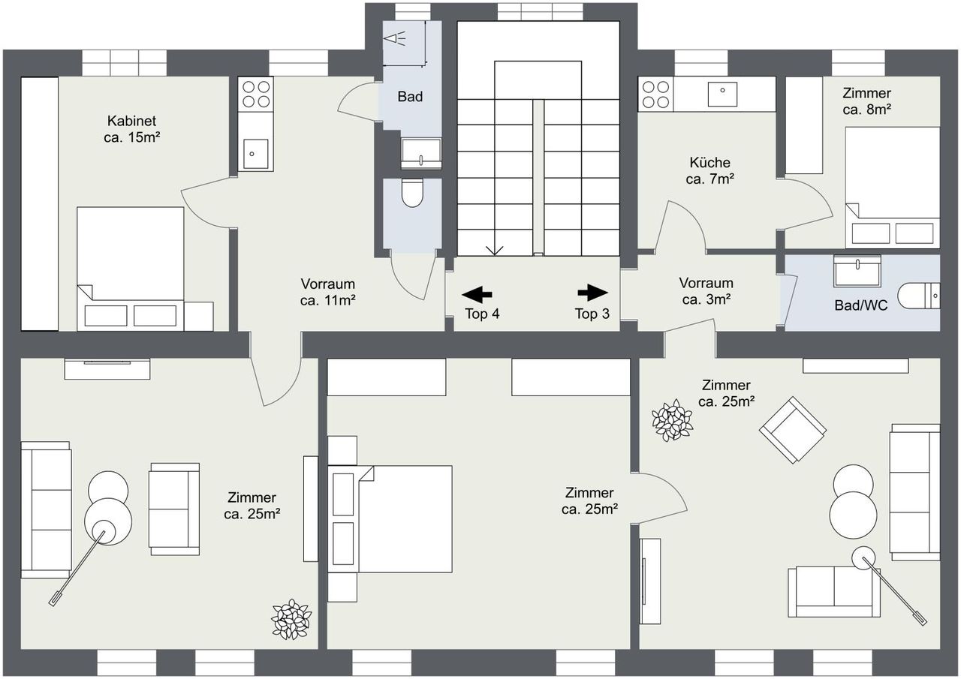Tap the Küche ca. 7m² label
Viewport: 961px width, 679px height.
coord(710,170)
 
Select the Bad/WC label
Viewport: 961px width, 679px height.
coord(860,305)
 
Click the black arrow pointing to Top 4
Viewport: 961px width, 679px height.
coord(477,295)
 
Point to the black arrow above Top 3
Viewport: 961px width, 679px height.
coord(592,293)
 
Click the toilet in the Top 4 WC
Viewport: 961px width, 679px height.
coord(412,193)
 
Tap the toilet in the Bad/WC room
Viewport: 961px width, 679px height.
coord(918,296)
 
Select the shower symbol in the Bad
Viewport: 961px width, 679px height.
coord(395,39)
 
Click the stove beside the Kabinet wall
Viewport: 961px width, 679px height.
coord(256,95)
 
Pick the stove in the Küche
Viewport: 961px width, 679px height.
coord(655,95)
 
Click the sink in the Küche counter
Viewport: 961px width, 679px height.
coord(722,95)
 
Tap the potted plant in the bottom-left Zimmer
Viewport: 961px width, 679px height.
coord(292,620)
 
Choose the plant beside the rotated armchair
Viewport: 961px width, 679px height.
coord(672,420)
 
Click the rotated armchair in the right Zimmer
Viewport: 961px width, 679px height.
coord(793,430)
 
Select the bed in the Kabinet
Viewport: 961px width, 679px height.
coord(131,269)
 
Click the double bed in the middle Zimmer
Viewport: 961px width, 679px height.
coord(390,519)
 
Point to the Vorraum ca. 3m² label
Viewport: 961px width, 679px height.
coord(706,291)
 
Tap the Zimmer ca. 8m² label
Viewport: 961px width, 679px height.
coord(866,101)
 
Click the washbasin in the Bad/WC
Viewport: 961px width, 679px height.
coord(857,271)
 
